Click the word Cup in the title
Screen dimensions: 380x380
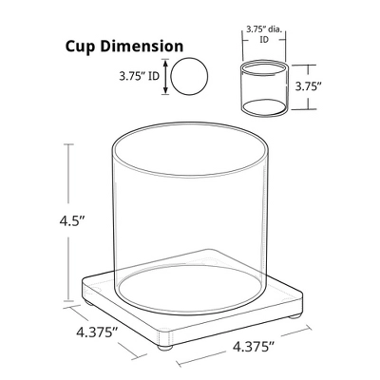pos(83,47)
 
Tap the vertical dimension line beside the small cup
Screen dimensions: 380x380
pos(305,85)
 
